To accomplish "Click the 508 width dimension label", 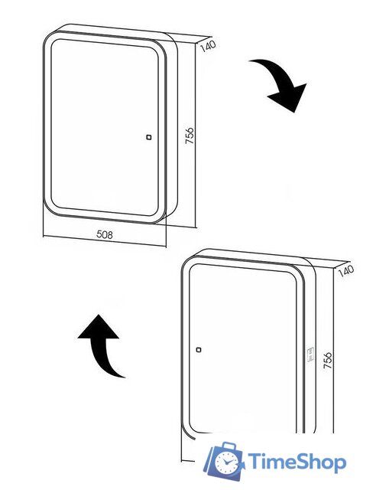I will point(105,236).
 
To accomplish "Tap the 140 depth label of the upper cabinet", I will point(207,45).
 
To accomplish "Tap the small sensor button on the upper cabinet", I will point(147,138).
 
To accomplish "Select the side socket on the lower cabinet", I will point(311,353).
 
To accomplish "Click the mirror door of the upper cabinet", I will point(103,126).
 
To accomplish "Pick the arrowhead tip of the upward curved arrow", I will point(98,315).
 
